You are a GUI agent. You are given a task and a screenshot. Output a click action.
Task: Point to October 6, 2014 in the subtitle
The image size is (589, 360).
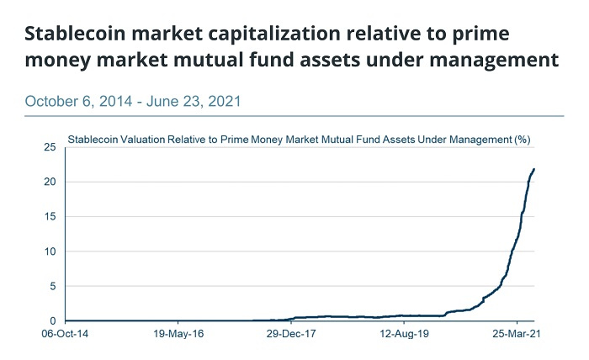tap(80, 102)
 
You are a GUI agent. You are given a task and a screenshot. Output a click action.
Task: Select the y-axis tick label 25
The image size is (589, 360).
tap(50, 147)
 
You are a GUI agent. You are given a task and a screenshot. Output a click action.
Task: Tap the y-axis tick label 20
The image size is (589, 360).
tap(50, 182)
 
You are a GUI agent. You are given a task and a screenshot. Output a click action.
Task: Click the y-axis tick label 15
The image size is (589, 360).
tap(50, 216)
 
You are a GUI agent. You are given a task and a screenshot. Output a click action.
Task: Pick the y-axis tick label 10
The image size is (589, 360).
tap(50, 251)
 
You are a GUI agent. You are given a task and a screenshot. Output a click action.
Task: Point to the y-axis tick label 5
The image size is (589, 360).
tap(53, 286)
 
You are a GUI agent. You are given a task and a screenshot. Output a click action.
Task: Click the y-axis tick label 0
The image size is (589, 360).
tap(53, 320)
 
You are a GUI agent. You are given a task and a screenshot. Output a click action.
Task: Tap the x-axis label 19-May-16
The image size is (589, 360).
tap(178, 333)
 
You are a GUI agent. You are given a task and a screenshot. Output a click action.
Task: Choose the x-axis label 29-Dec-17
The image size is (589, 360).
tap(290, 333)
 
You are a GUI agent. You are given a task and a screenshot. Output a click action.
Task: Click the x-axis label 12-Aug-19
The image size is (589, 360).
tap(403, 333)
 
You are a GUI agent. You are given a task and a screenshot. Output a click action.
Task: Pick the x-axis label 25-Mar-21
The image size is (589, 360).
tap(516, 333)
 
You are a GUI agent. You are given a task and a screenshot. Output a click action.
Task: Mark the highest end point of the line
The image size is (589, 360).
tap(534, 169)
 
